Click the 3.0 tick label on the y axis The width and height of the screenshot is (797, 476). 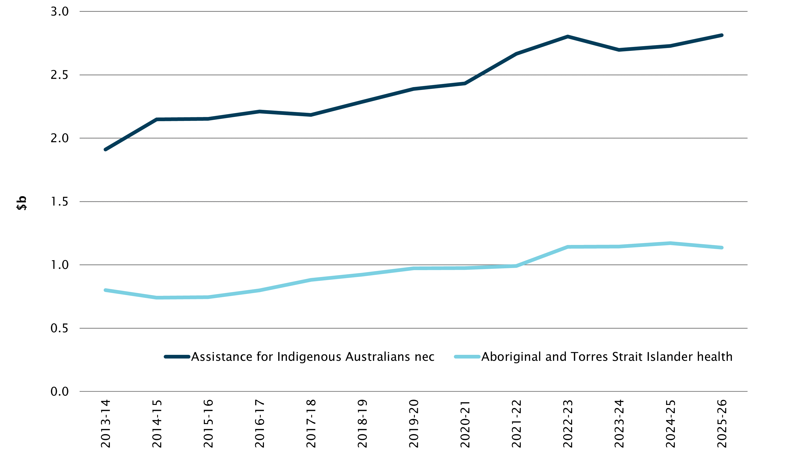point(60,12)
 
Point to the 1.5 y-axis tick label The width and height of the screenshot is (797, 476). point(60,202)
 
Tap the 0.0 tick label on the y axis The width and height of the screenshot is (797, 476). point(60,392)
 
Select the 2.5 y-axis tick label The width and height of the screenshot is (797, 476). point(60,75)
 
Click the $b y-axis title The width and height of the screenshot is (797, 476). point(22,203)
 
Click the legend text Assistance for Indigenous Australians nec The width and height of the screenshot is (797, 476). point(312,357)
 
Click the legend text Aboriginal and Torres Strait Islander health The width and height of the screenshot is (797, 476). point(607,357)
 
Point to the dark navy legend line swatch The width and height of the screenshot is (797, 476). point(177,357)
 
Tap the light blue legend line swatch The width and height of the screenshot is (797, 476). point(467,357)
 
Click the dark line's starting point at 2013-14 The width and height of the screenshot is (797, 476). point(105,149)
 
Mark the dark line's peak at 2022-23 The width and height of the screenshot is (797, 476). point(568,36)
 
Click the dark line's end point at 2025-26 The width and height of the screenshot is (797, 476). point(722,35)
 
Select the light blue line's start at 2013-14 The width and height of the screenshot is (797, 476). point(105,290)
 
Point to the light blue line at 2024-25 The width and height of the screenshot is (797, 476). point(671,243)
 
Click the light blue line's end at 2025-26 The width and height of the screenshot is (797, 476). point(722,248)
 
